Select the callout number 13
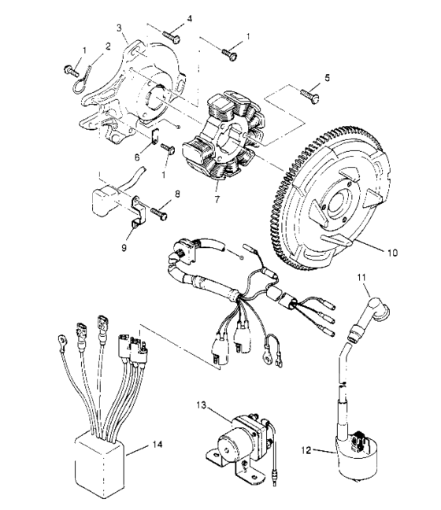pyautogui.click(x=204, y=405)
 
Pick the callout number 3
pyautogui.click(x=119, y=28)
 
